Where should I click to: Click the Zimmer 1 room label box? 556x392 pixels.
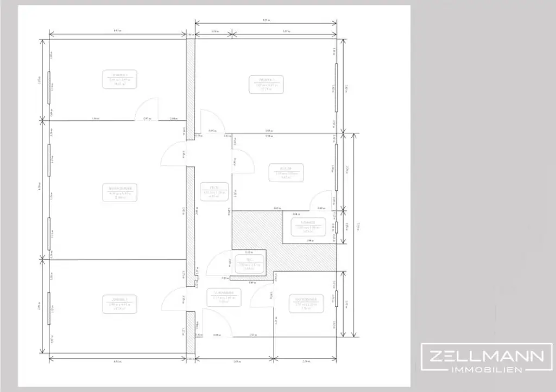click(119, 79)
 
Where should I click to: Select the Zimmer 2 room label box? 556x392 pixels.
click(266, 84)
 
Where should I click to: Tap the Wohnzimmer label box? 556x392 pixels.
click(120, 193)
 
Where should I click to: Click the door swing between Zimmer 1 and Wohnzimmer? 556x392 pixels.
click(147, 110)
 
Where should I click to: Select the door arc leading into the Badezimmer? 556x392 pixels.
click(263, 292)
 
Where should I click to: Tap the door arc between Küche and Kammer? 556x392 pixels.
click(321, 200)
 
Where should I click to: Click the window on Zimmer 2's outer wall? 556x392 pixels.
click(337, 85)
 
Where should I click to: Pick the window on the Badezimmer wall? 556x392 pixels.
click(337, 299)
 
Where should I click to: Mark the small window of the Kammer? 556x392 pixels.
click(337, 227)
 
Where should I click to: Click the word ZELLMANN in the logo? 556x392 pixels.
click(484, 356)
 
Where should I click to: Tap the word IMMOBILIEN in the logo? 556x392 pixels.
click(484, 369)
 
